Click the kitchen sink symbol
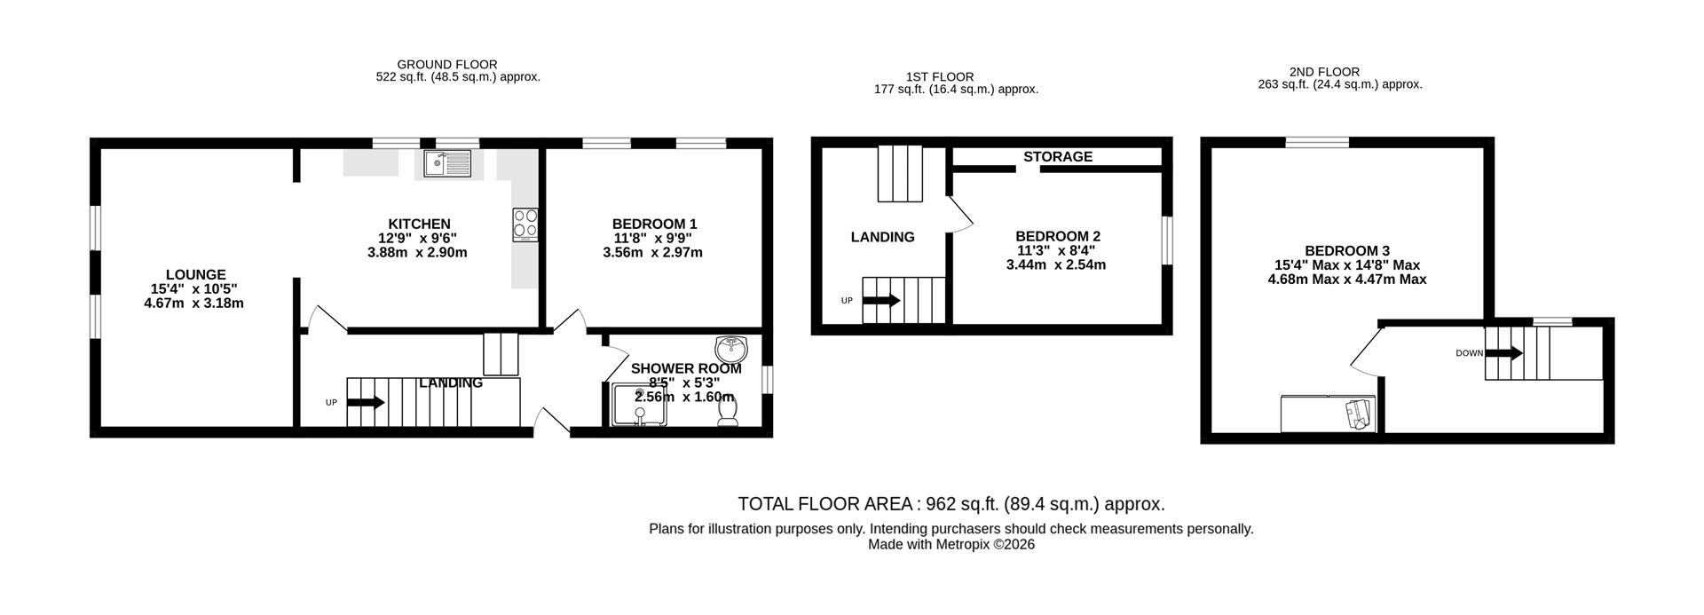click(447, 163)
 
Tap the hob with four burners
click(525, 225)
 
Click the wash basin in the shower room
click(731, 346)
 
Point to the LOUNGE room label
click(195, 275)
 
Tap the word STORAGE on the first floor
click(1057, 157)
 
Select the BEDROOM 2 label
click(1058, 236)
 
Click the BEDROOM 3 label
click(1346, 251)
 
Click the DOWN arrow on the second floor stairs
click(1503, 353)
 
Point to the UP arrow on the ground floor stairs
click(365, 402)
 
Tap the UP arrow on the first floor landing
click(880, 301)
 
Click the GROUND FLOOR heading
click(446, 65)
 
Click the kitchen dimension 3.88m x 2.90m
click(417, 253)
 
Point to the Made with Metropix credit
click(951, 545)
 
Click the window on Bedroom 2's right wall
click(1167, 240)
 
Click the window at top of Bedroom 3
click(1317, 142)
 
